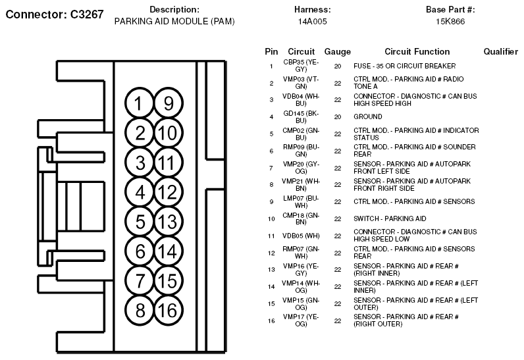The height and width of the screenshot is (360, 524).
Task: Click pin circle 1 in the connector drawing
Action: pos(140,103)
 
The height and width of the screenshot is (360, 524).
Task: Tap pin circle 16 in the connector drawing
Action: pos(168,310)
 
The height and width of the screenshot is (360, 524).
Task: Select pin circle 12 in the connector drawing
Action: pos(168,192)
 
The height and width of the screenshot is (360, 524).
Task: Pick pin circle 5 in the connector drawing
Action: pos(140,221)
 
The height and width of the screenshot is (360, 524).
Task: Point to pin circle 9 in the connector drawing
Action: pos(168,103)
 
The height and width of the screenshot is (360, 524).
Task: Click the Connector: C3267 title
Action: pos(55,14)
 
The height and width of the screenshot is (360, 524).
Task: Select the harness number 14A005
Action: pos(313,21)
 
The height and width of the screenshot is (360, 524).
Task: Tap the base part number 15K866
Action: pos(450,21)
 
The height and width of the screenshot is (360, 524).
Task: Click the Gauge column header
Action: pos(338,52)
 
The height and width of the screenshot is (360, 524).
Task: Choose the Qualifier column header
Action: pos(500,52)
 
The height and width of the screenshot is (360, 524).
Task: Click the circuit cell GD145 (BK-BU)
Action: pos(301,117)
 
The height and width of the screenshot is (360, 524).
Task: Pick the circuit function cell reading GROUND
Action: pos(367,116)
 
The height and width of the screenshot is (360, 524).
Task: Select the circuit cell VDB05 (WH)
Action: pos(301,236)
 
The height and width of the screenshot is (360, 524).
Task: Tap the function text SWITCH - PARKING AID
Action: pos(390,219)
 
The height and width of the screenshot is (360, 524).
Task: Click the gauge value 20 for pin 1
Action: pos(338,66)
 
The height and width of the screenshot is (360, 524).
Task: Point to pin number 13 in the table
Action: pos(271,269)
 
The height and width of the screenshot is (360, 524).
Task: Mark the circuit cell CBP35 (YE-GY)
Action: pos(301,66)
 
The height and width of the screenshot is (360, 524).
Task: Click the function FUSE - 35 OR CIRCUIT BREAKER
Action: pos(404,66)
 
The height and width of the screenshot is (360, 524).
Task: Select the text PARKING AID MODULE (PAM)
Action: pos(174,21)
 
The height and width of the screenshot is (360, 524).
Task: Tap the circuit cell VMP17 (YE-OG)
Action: pos(301,321)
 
